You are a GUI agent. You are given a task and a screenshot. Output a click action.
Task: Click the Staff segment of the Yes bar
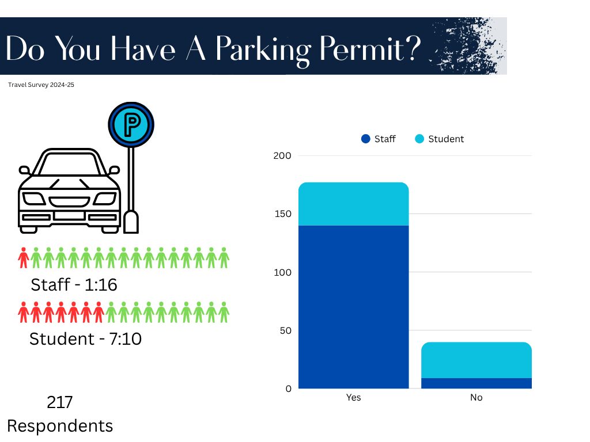coord(353,307)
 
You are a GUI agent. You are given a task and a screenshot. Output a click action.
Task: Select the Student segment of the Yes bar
coord(353,204)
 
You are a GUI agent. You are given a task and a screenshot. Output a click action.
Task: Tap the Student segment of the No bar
coord(476,360)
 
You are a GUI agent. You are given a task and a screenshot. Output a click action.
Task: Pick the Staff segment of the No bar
coord(476,383)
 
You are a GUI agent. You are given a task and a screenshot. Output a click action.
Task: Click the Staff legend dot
coord(366,139)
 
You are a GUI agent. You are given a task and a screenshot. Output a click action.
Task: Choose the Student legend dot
coord(419,139)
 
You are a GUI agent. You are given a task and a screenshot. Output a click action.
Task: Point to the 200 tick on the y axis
coord(282,155)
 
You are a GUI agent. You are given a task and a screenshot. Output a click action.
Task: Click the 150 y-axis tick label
coord(283,214)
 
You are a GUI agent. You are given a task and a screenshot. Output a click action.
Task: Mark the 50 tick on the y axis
coord(286,330)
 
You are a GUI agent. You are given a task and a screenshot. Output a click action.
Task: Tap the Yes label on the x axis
coord(353,397)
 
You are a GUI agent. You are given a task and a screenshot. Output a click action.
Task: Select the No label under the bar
coord(476,397)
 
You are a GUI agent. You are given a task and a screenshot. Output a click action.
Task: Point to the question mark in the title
coord(413,48)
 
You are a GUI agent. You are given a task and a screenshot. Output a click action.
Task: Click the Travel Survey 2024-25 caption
coord(41,85)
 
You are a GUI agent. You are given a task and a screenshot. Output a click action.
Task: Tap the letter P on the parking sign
coord(132,124)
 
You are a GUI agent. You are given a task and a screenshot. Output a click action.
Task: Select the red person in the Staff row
coord(23,258)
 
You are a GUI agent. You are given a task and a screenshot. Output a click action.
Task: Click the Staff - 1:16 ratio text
coord(74,285)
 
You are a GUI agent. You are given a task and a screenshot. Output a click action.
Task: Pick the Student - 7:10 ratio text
coord(85,339)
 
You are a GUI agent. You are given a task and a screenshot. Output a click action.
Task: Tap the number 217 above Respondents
coord(60,402)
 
